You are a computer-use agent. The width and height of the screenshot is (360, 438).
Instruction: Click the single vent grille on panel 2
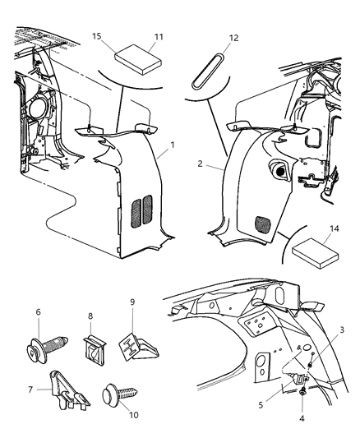coord(264,222)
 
